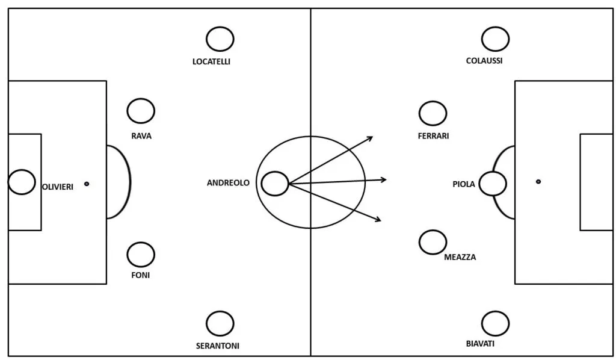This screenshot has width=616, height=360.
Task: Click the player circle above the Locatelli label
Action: [x=220, y=39]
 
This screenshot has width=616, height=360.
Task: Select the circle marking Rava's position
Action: [x=141, y=111]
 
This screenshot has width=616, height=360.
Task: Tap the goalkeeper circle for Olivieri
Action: [x=22, y=182]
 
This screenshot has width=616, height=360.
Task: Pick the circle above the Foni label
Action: [x=141, y=254]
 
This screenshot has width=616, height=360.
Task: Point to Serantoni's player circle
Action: [x=220, y=324]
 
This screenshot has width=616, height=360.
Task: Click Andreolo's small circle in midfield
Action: [x=275, y=184]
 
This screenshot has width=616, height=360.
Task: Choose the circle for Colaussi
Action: [x=495, y=39]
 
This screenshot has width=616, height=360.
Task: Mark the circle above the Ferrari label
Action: [x=433, y=113]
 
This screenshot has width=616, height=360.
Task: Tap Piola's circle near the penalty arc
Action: [x=493, y=184]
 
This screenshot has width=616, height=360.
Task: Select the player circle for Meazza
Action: [x=433, y=242]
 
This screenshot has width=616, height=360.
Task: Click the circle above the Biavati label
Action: [x=495, y=324]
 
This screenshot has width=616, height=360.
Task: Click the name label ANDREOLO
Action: [x=228, y=183]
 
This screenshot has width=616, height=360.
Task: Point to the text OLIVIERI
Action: [x=58, y=187]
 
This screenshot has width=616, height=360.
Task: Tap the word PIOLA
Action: [x=464, y=184]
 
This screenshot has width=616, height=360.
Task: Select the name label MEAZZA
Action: [x=460, y=257]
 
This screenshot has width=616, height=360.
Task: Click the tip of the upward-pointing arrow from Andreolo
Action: [x=373, y=137]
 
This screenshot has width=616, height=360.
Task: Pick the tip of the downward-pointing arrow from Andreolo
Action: [x=381, y=221]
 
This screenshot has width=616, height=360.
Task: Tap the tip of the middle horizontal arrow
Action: [x=386, y=179]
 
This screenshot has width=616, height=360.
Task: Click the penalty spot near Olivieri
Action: [x=87, y=184]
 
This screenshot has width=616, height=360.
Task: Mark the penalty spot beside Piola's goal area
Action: [x=538, y=181]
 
